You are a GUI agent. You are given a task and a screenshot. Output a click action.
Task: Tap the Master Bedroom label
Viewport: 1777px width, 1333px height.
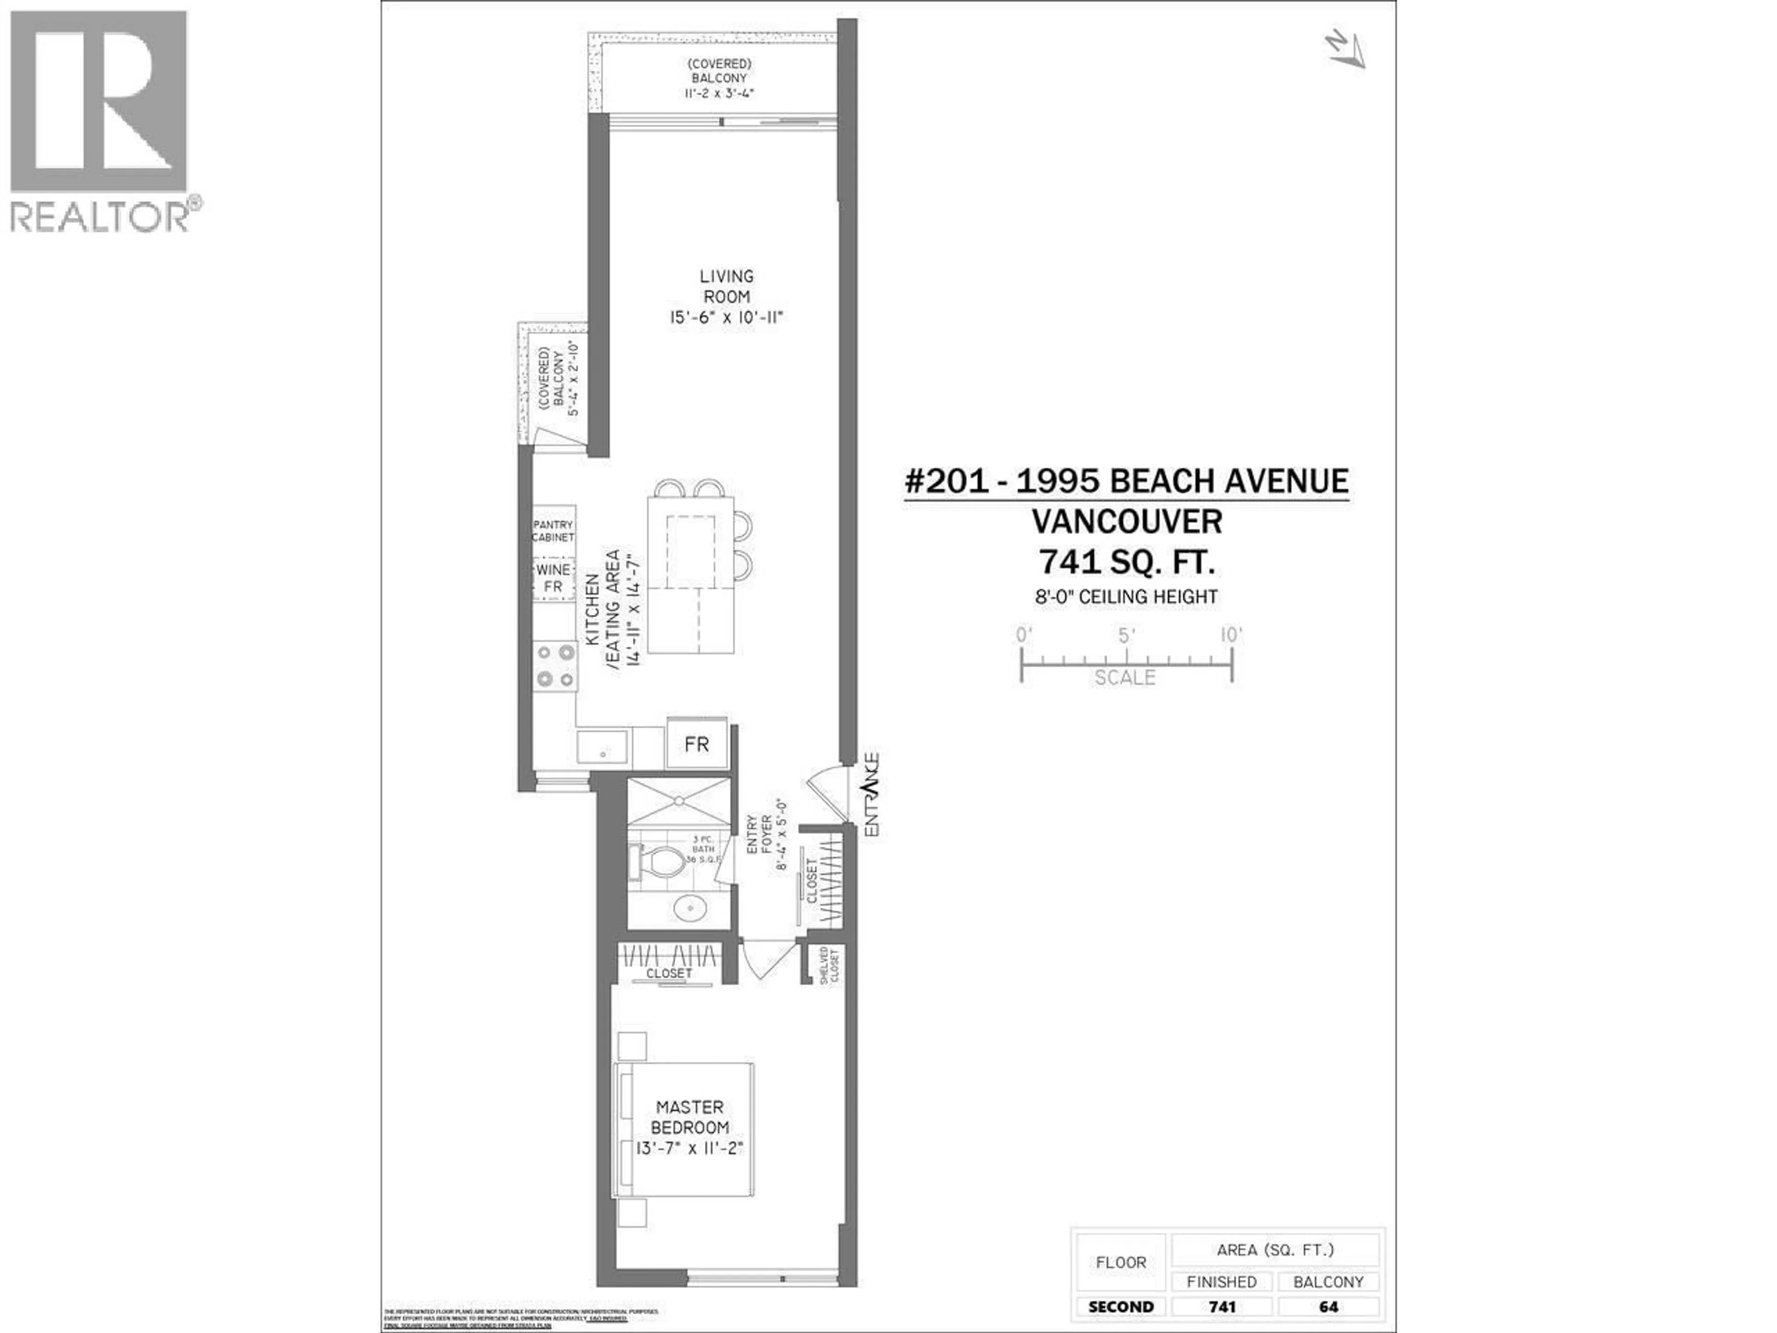[689, 1117]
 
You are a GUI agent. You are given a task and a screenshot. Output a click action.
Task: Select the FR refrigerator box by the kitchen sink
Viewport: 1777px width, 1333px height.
[696, 744]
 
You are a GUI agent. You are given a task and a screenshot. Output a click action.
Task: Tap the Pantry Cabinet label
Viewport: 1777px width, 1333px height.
[553, 530]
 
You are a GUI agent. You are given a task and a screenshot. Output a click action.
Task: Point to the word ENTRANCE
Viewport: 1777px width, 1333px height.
[872, 796]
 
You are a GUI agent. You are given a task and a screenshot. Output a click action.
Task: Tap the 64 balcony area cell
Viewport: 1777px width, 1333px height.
[1328, 1307]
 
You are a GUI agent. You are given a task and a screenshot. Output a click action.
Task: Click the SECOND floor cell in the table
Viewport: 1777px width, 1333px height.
[1121, 1307]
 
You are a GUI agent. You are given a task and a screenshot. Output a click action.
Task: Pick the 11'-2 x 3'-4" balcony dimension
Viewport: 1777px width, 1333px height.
[719, 93]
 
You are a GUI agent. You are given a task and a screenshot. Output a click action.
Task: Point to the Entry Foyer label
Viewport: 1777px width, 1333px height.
[760, 835]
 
